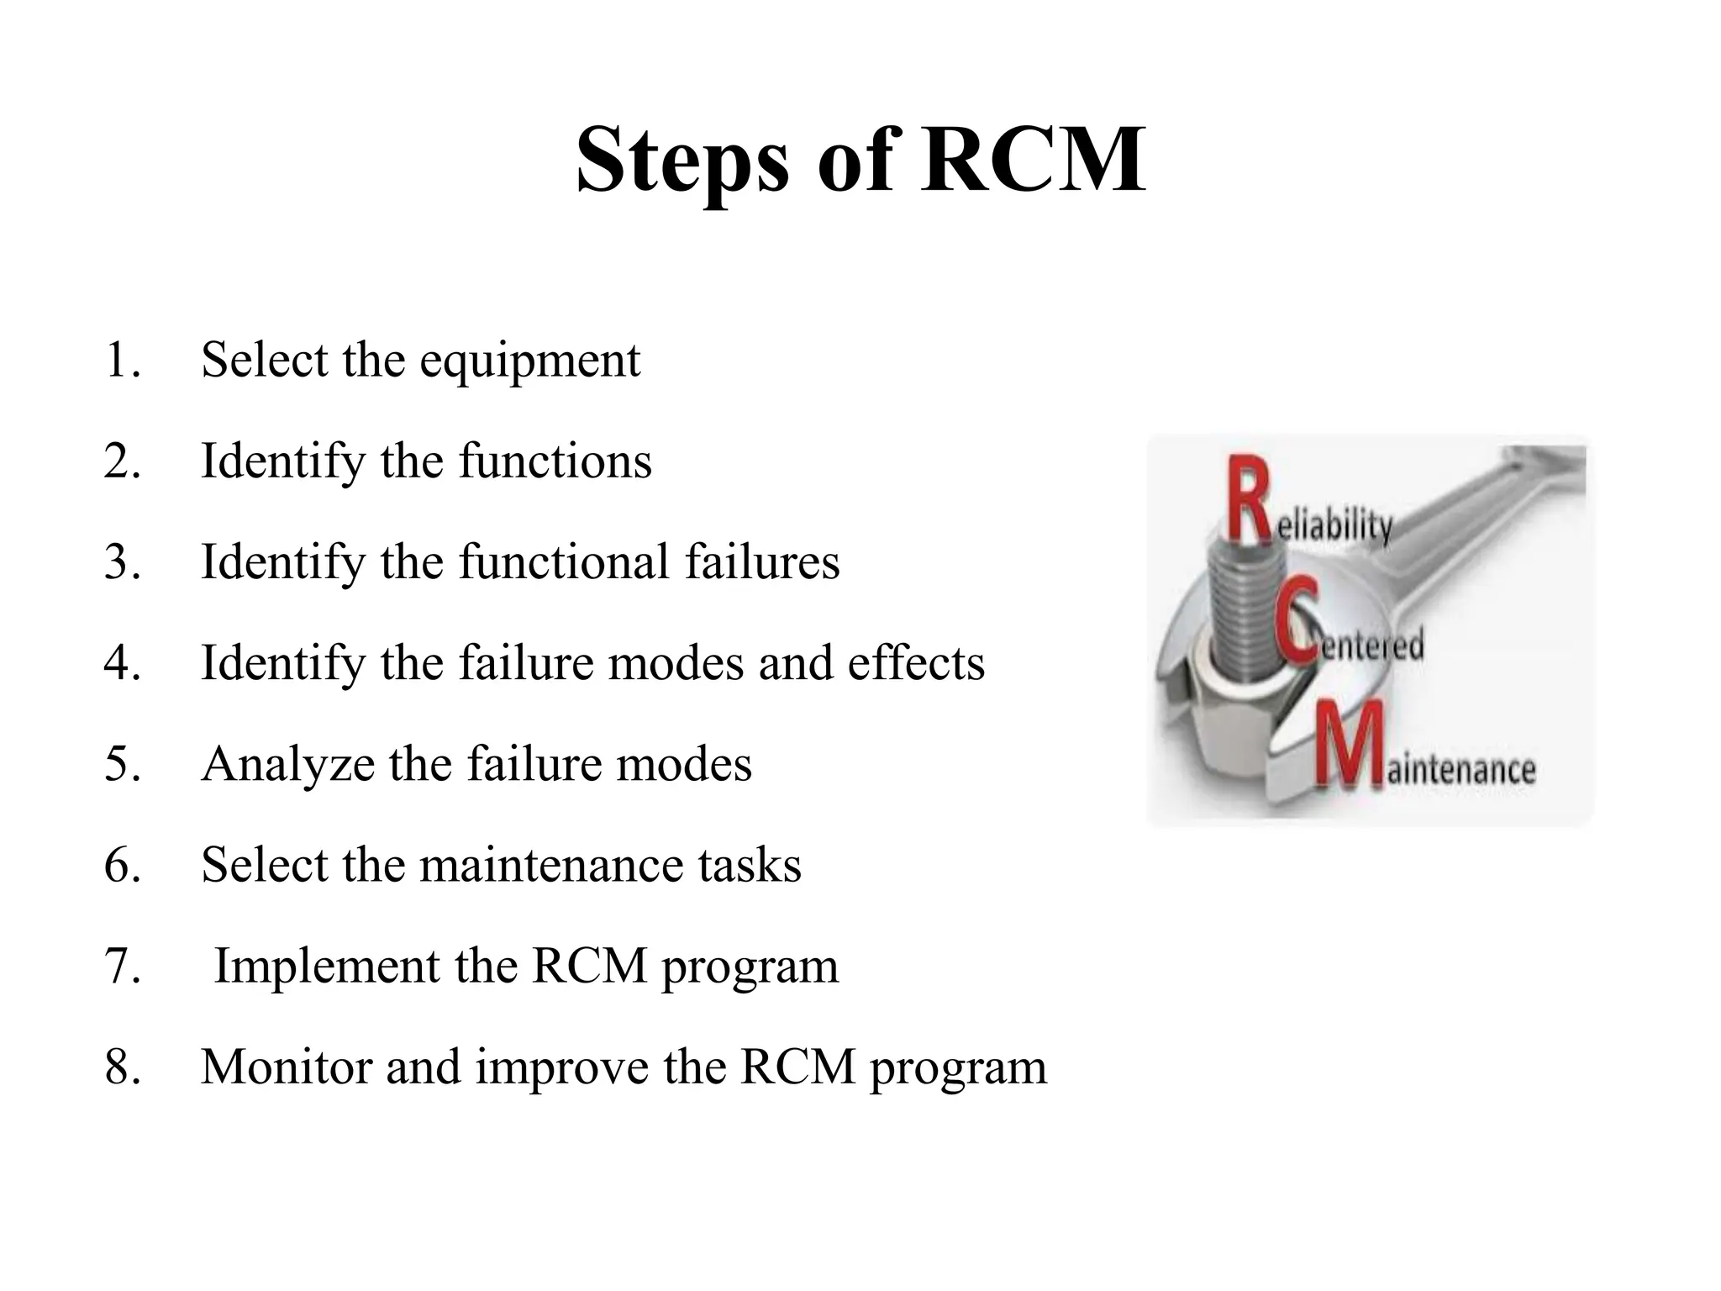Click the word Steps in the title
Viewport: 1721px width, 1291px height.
682,161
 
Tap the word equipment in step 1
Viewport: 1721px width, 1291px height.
529,361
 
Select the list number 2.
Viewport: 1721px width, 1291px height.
122,461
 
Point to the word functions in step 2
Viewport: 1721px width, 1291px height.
555,461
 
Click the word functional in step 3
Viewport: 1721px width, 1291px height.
563,562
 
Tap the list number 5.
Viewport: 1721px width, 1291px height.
122,764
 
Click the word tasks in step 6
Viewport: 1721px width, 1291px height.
750,865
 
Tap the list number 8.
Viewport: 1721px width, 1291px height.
122,1067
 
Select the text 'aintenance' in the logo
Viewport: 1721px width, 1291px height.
1460,769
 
